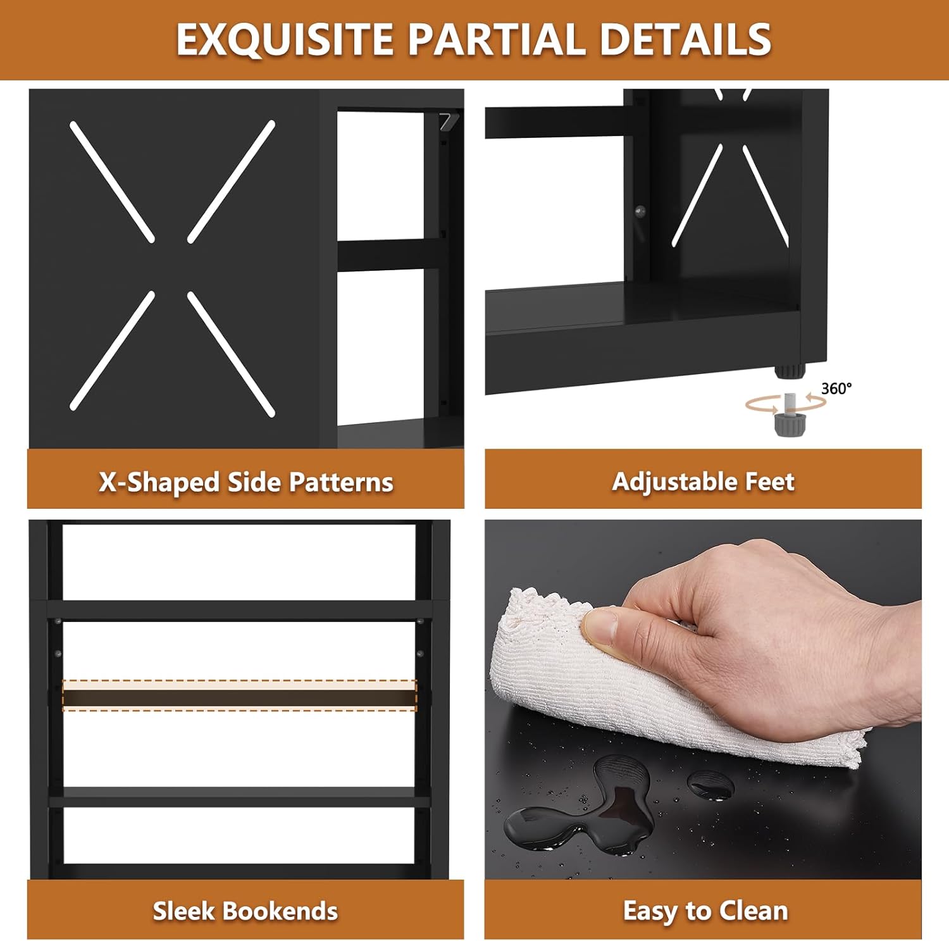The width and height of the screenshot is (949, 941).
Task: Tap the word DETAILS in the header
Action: (685, 39)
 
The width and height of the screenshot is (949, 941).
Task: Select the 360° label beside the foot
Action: (836, 388)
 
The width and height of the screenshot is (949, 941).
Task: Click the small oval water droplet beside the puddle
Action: (710, 784)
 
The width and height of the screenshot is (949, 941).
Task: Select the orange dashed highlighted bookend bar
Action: (240, 695)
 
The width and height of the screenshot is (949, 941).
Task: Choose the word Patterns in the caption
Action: (341, 482)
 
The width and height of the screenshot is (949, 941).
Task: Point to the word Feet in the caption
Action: (769, 482)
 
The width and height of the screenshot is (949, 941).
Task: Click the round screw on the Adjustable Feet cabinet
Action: (640, 211)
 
